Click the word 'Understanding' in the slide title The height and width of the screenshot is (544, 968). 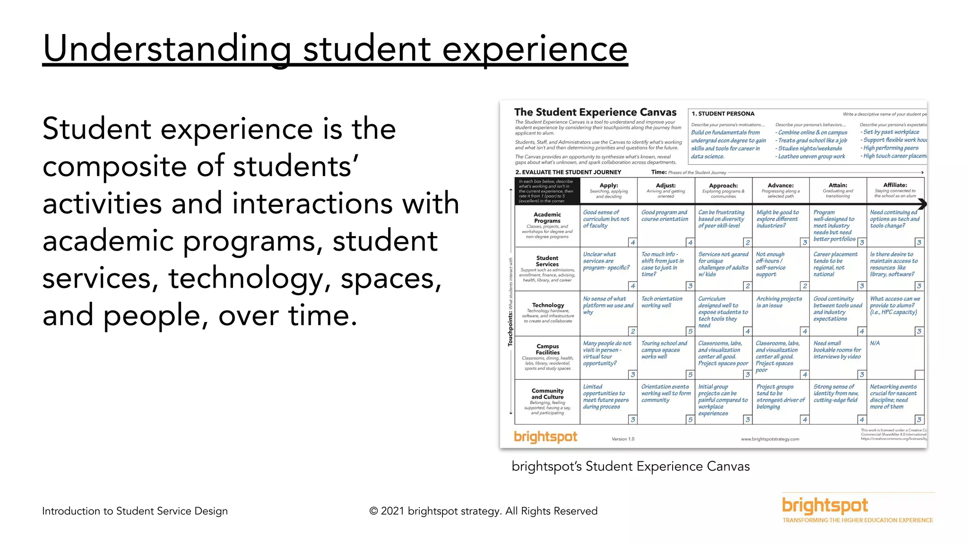pos(167,49)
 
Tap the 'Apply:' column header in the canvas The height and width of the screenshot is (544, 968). pos(609,186)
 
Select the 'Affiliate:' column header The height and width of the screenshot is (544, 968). pos(895,185)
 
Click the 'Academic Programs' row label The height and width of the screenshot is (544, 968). pos(547,218)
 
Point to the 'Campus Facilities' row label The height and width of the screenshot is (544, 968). pos(548,349)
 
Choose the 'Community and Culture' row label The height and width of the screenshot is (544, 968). pos(547,394)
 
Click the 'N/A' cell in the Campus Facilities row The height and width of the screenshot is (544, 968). pos(875,343)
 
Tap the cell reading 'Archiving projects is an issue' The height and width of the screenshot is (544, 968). pos(779,302)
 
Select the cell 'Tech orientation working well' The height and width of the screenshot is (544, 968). pos(662,302)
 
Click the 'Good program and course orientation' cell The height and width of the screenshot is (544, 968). pos(665,216)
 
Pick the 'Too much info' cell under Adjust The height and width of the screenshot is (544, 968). pos(662,264)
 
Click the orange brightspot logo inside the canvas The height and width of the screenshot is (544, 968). pos(545,437)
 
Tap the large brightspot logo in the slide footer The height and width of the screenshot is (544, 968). pos(825,506)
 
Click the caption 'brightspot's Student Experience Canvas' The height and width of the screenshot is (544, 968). pos(631,467)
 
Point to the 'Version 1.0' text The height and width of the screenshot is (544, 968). pos(623,439)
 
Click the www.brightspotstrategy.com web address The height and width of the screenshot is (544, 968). pos(770,439)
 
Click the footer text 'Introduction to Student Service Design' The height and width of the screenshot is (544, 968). pos(135,511)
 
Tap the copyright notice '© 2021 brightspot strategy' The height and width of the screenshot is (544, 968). pos(483,511)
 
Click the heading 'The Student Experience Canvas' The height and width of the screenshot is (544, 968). pos(595,112)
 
